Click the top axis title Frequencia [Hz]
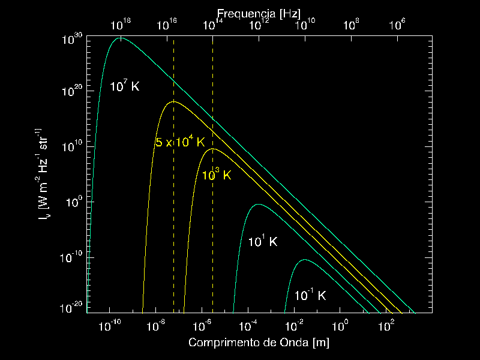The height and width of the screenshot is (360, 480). click(259, 13)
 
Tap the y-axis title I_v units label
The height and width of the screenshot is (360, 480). click(44, 175)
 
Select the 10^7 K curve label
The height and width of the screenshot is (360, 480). click(124, 86)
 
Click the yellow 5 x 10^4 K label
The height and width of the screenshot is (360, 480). click(180, 142)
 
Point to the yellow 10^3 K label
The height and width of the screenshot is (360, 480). click(216, 175)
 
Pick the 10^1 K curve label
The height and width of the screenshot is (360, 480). click(263, 242)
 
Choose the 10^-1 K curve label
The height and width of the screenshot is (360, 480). click(310, 295)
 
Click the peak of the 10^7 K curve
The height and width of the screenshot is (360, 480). click(121, 38)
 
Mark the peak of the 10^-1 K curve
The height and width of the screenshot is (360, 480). click(305, 260)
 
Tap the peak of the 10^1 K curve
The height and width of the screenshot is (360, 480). click(258, 205)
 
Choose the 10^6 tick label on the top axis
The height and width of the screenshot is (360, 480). click(398, 25)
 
